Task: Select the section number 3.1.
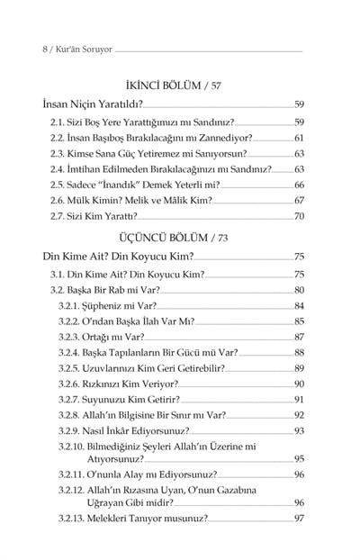pos(59,274)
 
